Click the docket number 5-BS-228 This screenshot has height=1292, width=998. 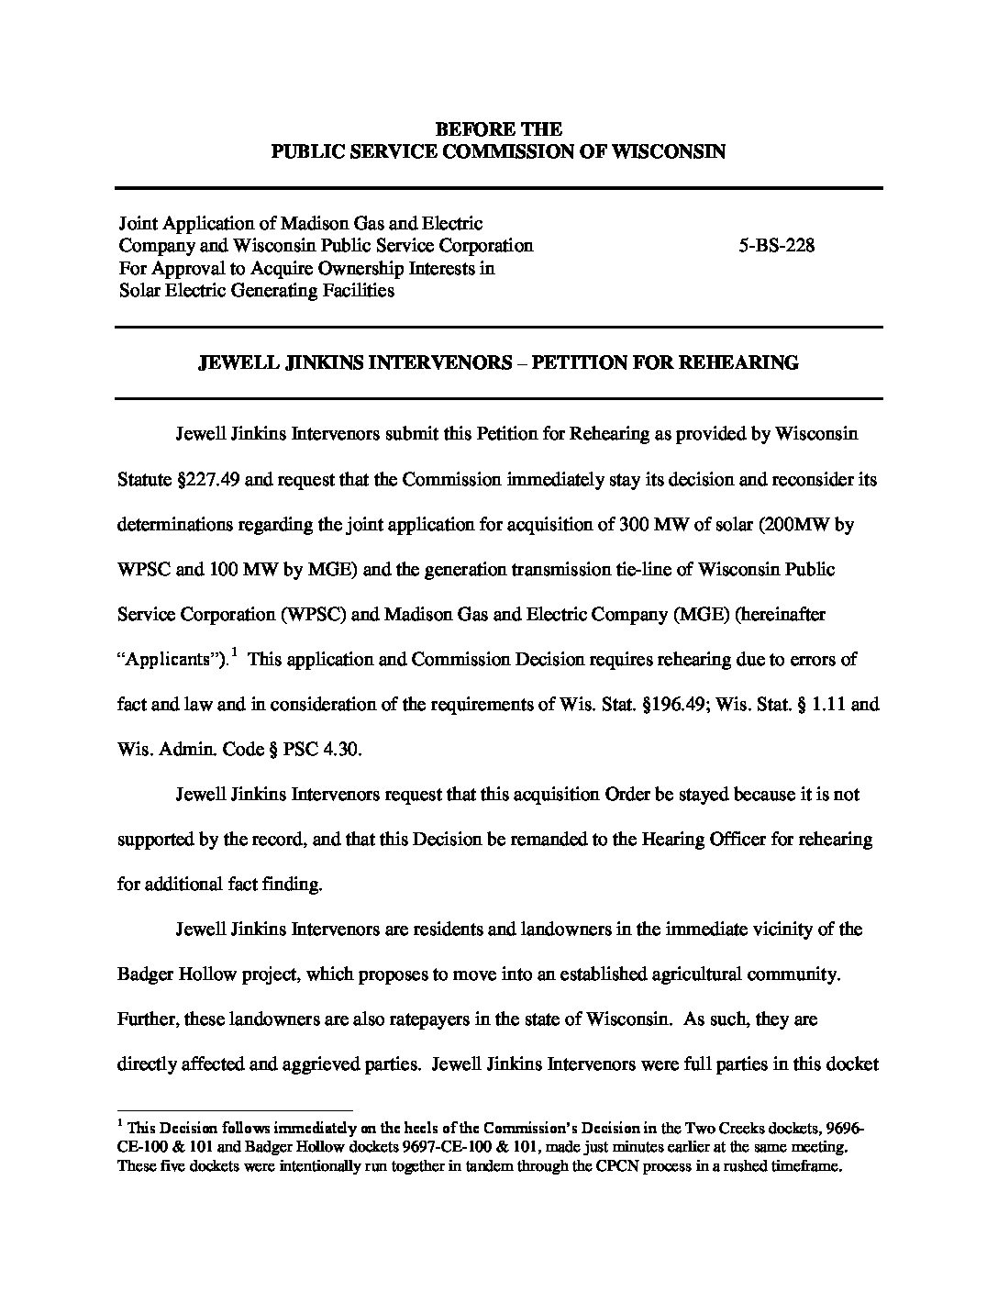point(776,245)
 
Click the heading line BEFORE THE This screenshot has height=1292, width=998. point(498,128)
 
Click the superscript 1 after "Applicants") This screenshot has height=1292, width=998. point(235,652)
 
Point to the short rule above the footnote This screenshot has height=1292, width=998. point(235,1109)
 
